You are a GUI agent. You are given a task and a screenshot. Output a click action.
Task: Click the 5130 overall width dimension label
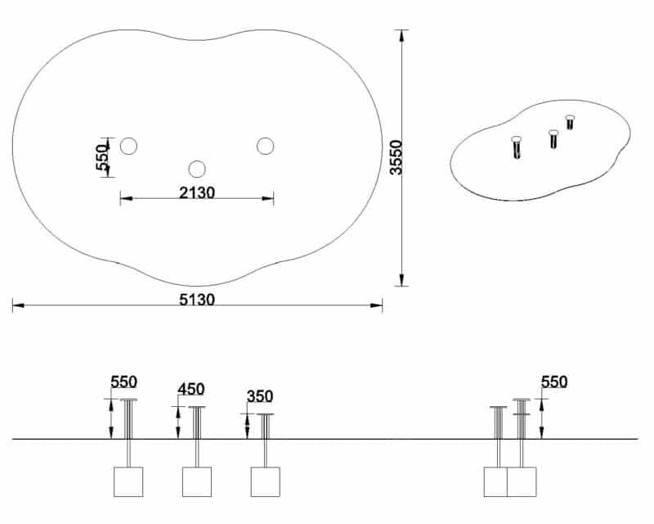coord(197,300)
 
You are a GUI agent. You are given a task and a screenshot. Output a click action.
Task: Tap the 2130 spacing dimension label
coord(197,192)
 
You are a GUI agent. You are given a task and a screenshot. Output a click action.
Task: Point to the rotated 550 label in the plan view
coord(102,157)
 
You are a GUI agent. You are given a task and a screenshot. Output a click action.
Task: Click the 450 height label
coord(191,389)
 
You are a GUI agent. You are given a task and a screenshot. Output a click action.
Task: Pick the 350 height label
coord(260,396)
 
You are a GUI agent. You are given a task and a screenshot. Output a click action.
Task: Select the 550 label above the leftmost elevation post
coord(124,382)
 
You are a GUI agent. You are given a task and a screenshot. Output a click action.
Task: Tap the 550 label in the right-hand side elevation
coord(554,382)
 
